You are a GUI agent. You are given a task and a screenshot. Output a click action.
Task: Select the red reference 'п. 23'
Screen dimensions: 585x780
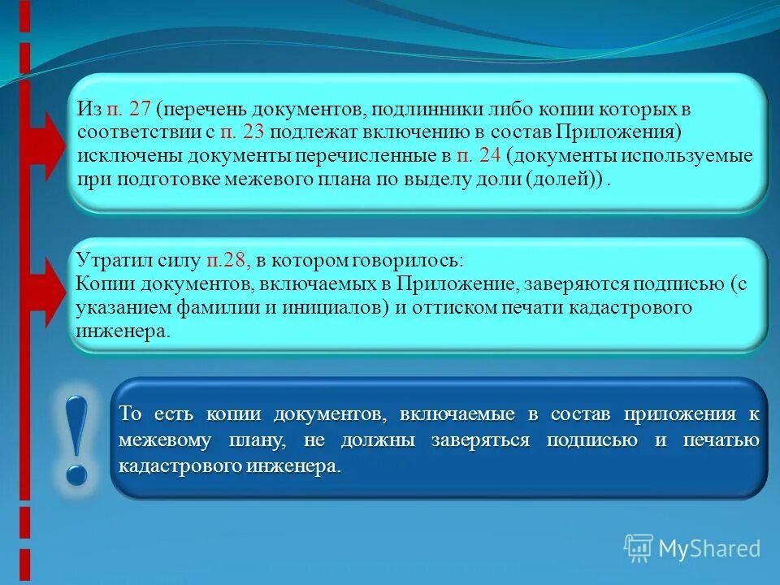(x=241, y=132)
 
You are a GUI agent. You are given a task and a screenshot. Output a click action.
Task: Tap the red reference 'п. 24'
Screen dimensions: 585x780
(x=479, y=156)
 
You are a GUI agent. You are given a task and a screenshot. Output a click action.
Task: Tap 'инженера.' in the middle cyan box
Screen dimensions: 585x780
(x=123, y=331)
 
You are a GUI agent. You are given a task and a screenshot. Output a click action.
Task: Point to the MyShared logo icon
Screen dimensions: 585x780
(x=638, y=548)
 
